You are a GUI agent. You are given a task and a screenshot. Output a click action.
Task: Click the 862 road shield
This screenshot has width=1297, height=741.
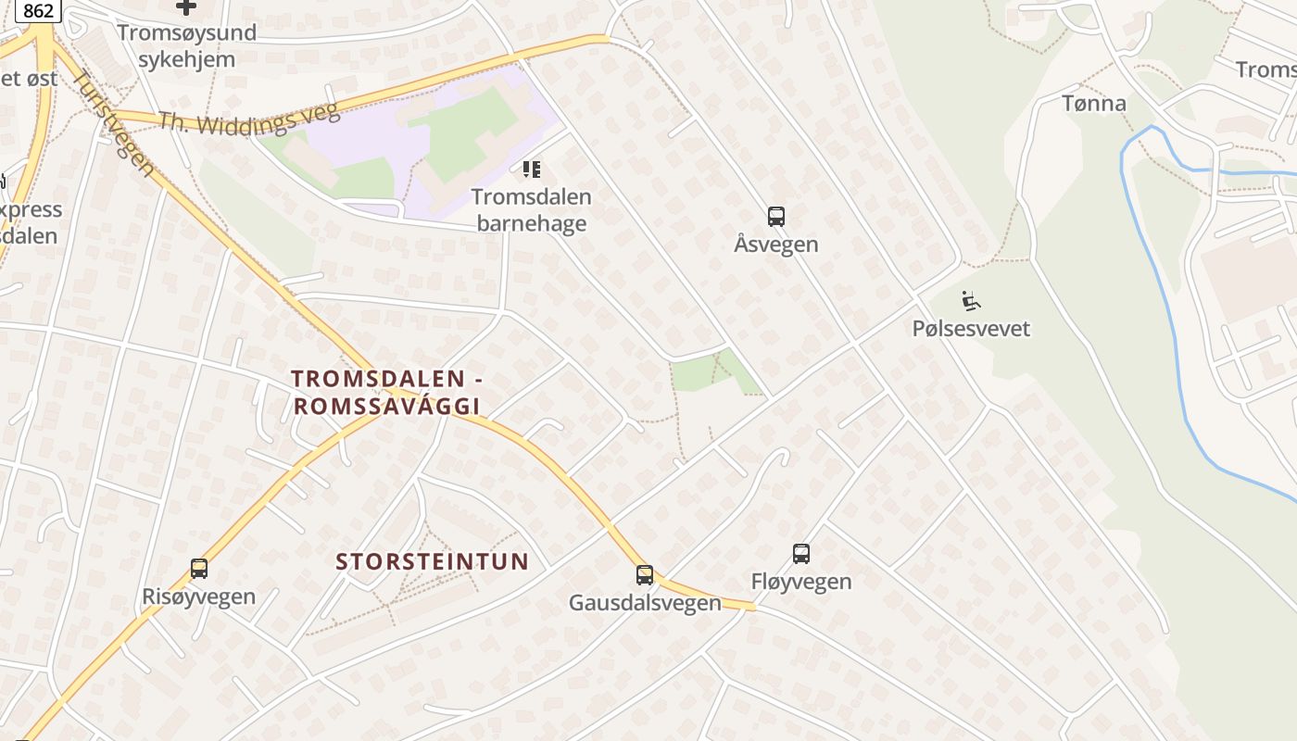tap(38, 10)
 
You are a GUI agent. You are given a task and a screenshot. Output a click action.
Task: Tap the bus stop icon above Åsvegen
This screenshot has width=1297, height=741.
tap(776, 217)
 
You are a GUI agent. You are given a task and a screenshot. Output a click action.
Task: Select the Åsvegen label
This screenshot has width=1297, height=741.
tap(776, 245)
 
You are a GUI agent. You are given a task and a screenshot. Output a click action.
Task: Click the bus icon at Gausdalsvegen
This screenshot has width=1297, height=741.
tap(645, 575)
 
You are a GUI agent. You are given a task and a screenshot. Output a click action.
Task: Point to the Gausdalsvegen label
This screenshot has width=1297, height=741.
tap(645, 603)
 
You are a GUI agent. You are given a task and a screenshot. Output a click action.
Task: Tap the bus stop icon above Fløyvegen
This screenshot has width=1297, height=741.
tap(801, 554)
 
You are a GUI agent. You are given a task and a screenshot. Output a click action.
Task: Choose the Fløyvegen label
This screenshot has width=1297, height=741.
tap(801, 582)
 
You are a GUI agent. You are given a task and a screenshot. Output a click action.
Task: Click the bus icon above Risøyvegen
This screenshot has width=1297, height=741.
tap(199, 569)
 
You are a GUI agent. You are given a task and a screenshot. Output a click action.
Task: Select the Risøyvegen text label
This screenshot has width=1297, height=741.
tap(199, 597)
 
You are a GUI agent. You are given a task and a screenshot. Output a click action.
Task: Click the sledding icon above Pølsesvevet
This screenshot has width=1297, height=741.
tap(971, 301)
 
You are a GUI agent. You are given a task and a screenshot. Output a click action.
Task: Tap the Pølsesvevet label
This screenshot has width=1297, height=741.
tap(971, 329)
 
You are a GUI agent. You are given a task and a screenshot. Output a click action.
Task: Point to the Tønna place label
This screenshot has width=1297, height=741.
tap(1094, 103)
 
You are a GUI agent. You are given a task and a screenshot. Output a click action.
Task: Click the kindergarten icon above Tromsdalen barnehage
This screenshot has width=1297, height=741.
tap(531, 170)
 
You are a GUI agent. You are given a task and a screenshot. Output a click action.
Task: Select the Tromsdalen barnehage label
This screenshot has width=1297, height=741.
tap(531, 210)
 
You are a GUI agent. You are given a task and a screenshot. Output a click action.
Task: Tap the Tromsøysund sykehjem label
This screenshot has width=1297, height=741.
tap(186, 46)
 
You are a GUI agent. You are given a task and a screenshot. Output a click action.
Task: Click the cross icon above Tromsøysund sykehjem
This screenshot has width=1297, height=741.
tap(186, 7)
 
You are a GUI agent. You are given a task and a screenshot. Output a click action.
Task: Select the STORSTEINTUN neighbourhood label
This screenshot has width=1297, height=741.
tap(432, 561)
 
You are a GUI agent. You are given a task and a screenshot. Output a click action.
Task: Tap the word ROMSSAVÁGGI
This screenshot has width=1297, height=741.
tap(386, 406)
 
